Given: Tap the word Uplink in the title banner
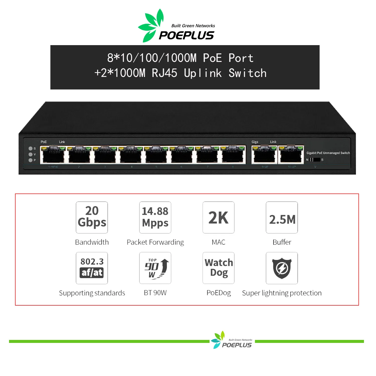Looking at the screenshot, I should tap(203, 73).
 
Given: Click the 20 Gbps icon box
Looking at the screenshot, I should tap(92, 217).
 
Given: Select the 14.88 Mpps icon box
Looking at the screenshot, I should tap(155, 217).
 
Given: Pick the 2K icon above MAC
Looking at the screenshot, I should tap(218, 217).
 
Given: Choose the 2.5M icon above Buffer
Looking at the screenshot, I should tap(282, 217).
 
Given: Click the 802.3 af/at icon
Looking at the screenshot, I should tap(92, 268).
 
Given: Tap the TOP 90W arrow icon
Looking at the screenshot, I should tap(155, 268).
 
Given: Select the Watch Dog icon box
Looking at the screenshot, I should tap(218, 268).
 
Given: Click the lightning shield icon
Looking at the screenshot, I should tap(282, 268).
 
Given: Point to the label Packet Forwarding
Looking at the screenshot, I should tap(155, 242).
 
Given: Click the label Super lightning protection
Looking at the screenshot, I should tap(282, 293).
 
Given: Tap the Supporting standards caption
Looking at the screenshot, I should tap(92, 293).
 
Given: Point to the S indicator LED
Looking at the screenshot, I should tap(31, 149).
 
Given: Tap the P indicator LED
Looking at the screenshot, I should tap(31, 160).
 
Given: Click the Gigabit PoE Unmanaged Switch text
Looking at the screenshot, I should tap(328, 153).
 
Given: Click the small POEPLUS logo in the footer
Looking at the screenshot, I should tap(232, 341).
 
